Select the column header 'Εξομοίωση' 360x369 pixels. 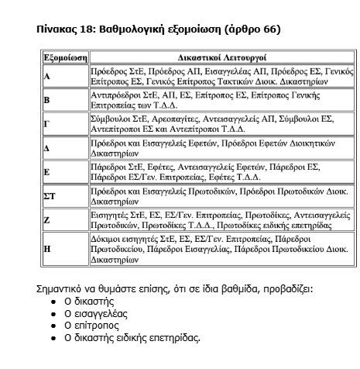click(x=64, y=58)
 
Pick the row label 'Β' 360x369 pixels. click(x=47, y=101)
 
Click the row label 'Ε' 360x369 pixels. click(x=47, y=172)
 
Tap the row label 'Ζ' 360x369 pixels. click(x=47, y=220)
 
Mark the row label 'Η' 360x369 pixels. click(x=47, y=249)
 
